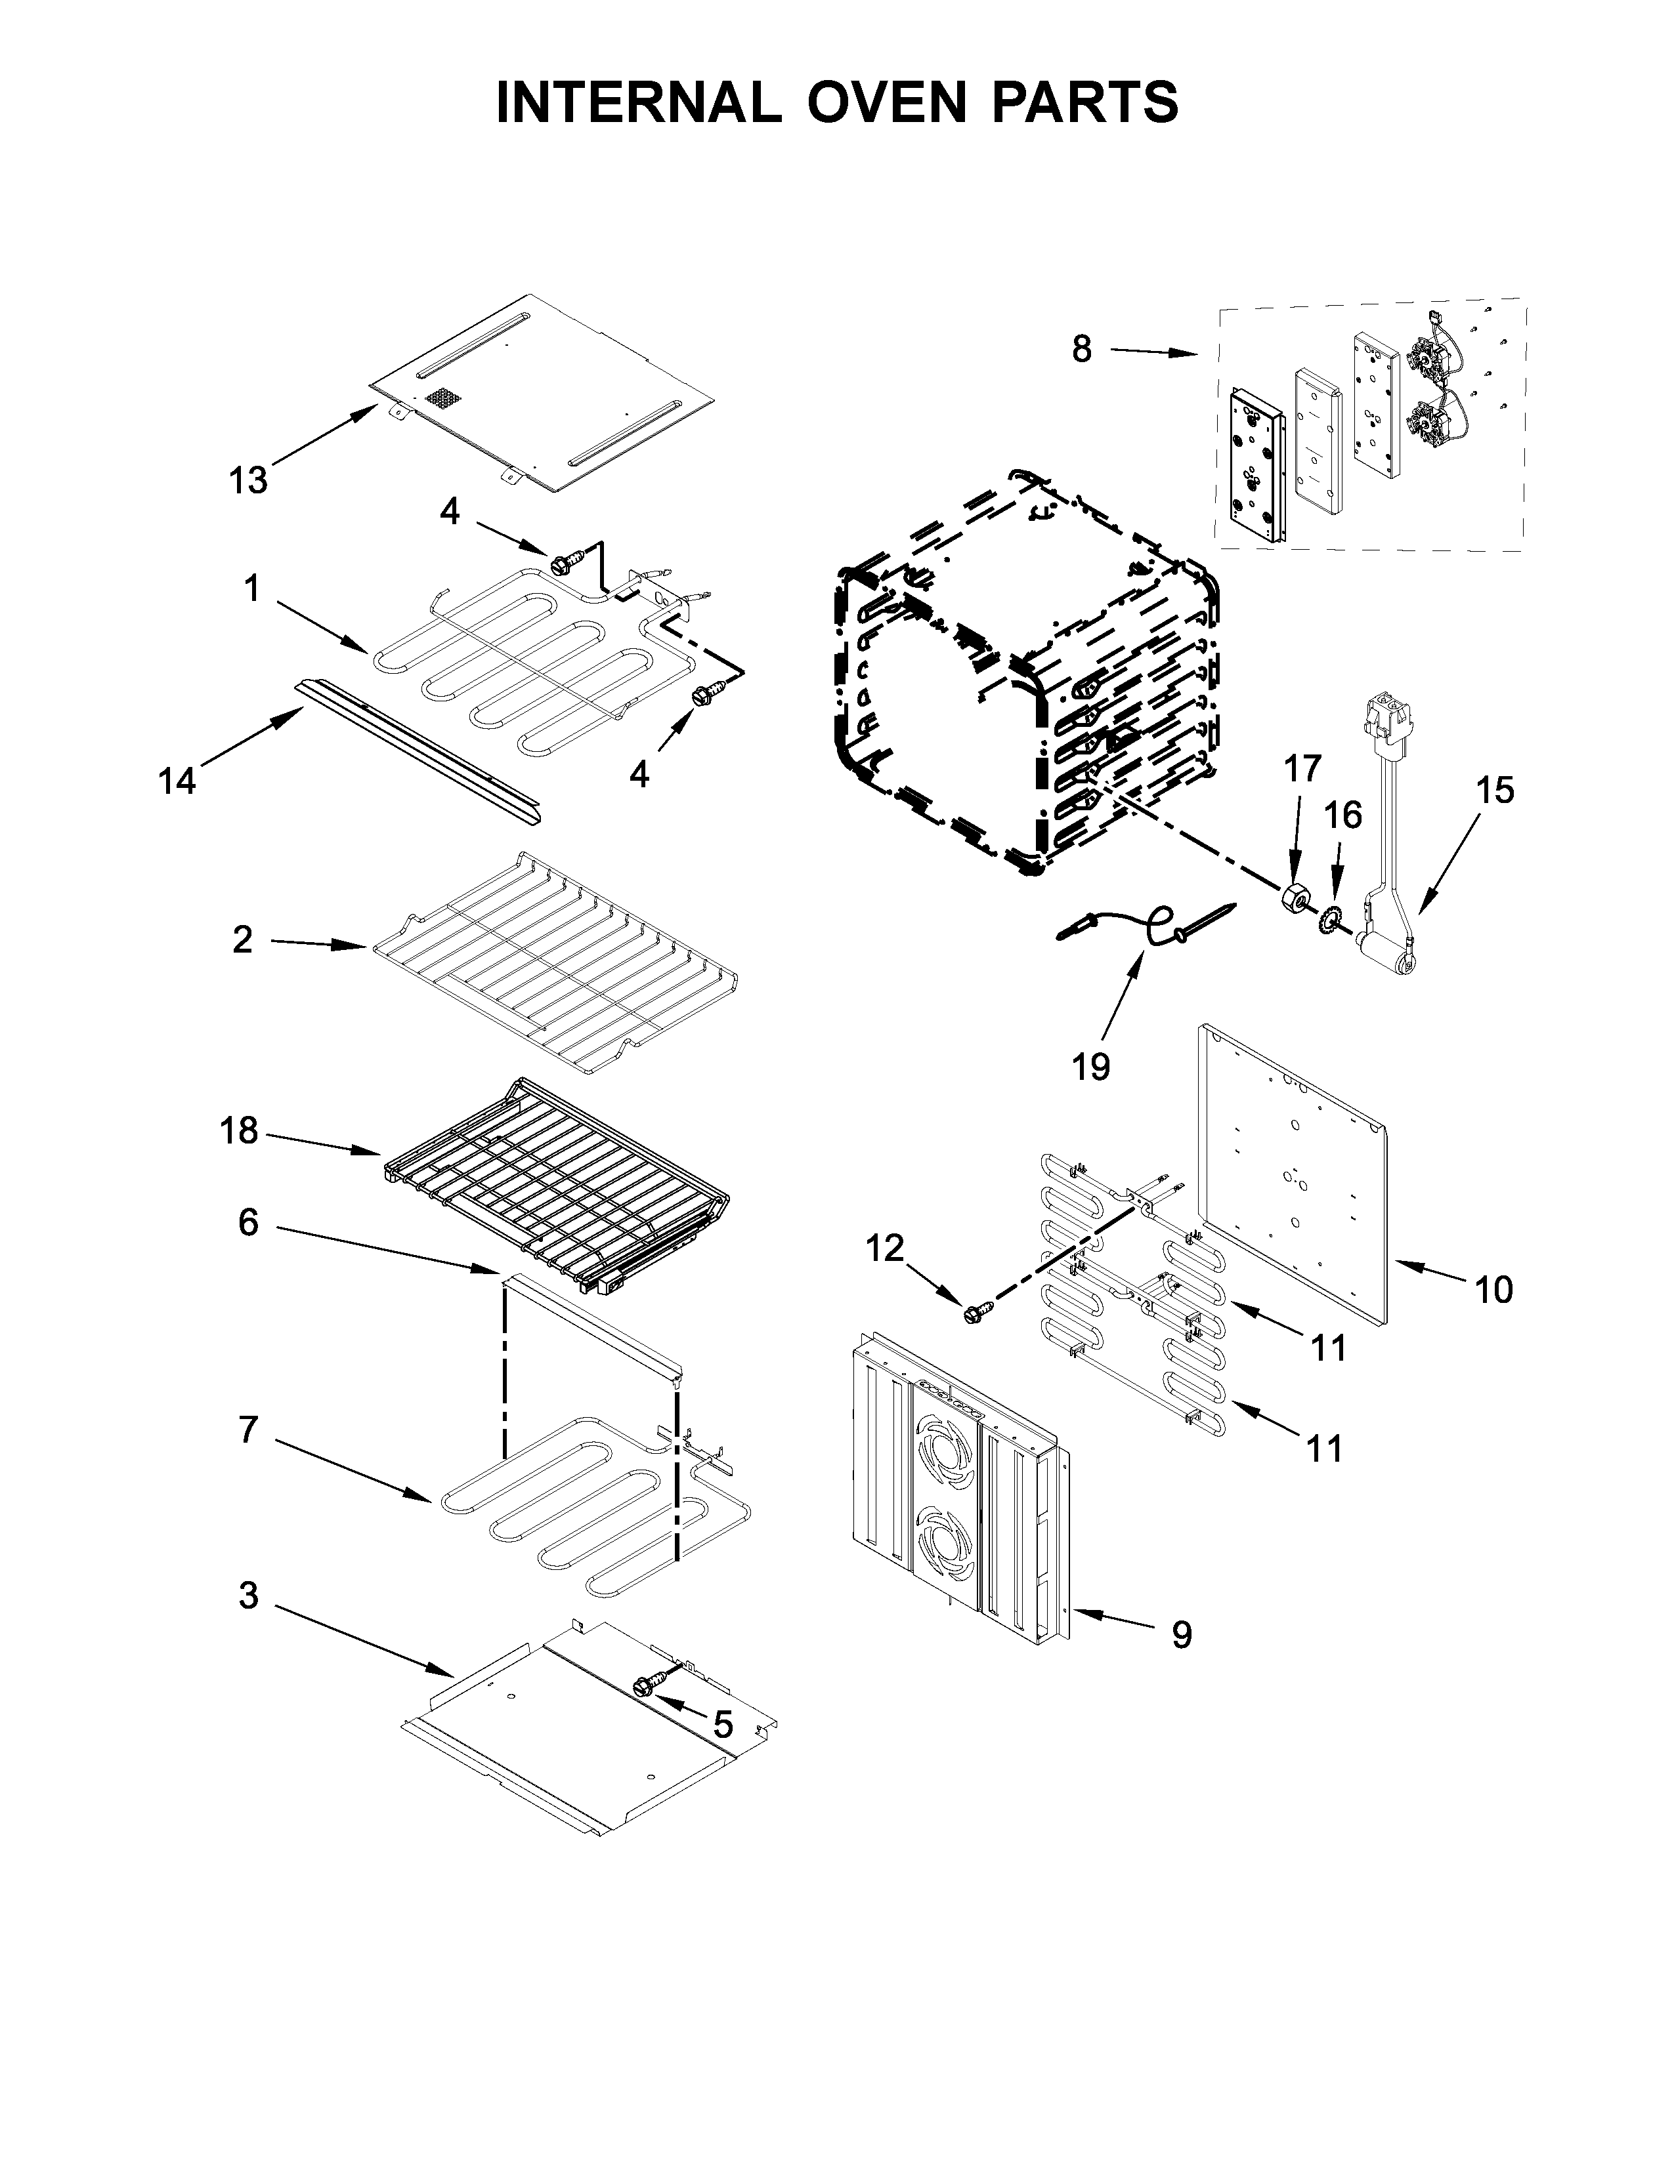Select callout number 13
248,481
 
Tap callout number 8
1081,349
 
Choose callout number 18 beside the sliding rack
239,1130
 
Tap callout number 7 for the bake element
248,1430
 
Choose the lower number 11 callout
1325,1449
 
